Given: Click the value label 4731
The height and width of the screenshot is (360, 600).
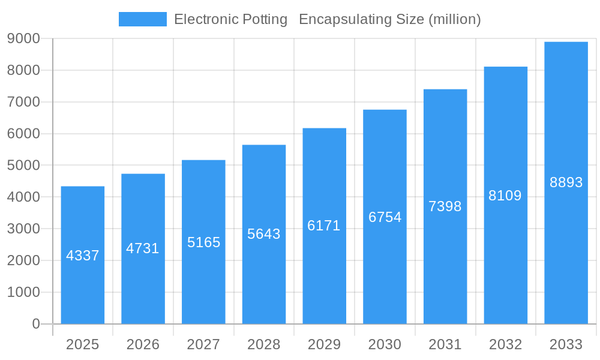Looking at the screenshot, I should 143,248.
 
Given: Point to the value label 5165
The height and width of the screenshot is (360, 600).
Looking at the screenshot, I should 204,242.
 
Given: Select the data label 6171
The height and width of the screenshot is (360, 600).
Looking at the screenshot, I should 324,226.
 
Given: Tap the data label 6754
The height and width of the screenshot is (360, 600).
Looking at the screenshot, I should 385,217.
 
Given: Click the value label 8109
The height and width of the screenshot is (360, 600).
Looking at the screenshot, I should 505,196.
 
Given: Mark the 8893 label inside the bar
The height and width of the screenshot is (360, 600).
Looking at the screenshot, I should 566,182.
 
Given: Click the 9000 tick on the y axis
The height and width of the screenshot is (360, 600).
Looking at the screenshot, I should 23,39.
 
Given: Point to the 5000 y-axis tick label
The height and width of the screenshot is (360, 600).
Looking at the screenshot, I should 23,166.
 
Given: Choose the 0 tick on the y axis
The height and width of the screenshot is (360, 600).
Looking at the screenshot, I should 35,324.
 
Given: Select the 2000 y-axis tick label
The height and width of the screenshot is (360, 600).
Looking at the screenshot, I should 23,260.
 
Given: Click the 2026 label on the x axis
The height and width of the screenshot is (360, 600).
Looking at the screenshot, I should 143,344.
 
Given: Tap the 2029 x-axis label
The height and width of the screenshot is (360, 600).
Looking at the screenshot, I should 324,344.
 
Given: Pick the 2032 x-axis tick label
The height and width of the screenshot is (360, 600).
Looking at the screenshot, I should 505,344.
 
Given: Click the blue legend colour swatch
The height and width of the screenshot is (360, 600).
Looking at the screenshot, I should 143,19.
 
